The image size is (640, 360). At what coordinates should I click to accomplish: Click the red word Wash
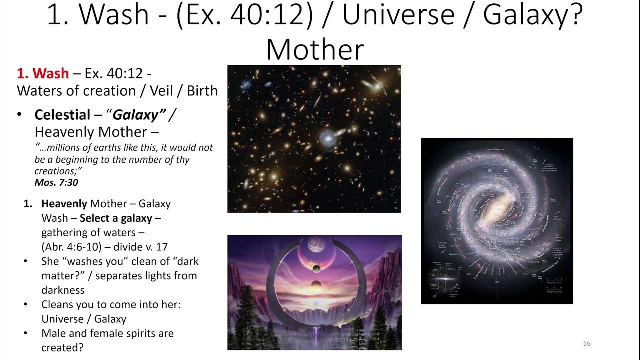50,73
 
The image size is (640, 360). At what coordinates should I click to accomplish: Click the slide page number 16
587,343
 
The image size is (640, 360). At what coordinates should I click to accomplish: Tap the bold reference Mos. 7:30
56,183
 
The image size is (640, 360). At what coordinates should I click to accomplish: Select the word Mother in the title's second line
315,50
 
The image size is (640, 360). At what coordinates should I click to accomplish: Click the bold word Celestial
62,115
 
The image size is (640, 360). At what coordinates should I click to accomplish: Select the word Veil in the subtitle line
163,91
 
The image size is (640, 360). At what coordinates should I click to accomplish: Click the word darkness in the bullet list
63,290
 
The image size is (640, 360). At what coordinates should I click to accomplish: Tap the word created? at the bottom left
62,347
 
